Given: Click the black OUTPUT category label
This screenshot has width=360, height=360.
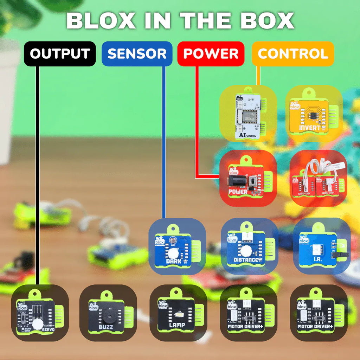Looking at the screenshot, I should pos(60,54).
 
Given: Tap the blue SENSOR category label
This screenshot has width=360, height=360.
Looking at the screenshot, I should pos(137,54).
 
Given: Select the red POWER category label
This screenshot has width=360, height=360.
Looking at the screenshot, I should pos(211,54).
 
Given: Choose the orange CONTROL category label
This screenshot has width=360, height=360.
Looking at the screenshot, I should pos(293,54).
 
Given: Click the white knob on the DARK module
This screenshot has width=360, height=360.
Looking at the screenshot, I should pos(173,252).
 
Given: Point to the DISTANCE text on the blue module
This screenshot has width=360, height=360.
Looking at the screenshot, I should pos(246,261).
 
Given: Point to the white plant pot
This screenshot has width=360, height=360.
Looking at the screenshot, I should pos(9,105).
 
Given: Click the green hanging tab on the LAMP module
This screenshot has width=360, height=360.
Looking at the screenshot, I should pos(176,292).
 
